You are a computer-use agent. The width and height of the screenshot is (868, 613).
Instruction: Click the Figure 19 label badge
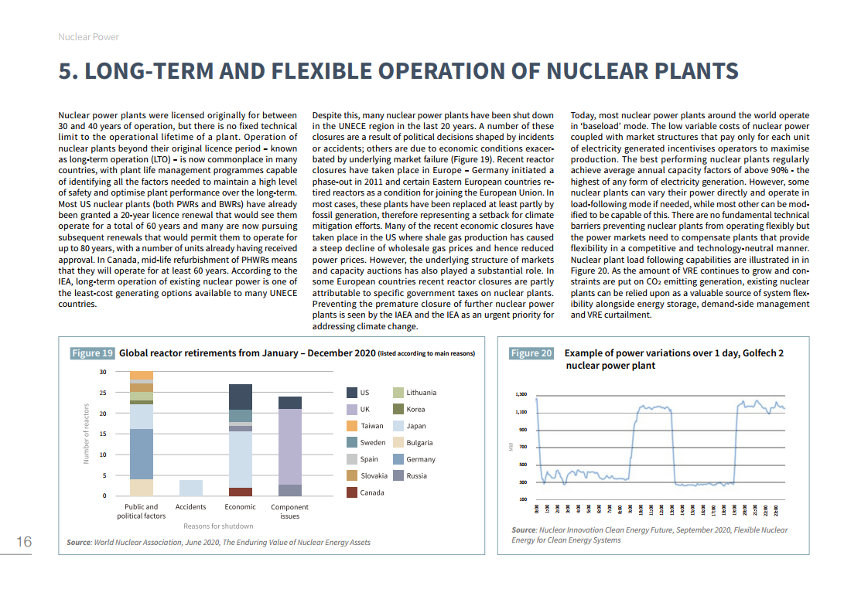92,353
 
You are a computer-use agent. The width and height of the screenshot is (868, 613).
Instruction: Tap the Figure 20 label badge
531,353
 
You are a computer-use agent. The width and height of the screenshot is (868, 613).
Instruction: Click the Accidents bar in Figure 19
191,487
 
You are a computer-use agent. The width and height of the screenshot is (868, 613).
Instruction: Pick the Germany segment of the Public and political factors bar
141,454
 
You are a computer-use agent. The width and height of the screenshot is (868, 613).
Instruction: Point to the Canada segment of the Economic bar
241,492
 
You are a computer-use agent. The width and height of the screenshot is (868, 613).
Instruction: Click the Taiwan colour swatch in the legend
352,426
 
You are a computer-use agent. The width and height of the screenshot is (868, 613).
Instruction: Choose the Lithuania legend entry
421,393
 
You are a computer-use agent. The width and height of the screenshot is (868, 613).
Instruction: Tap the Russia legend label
416,475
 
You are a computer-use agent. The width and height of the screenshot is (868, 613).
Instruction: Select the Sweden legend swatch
352,442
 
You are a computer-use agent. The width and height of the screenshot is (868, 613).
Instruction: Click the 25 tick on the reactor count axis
103,393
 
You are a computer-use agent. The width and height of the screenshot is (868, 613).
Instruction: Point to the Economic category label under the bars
241,507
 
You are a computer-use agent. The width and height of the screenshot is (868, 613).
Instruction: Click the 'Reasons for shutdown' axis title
218,526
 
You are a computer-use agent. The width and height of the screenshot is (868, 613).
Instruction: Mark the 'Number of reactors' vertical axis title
87,434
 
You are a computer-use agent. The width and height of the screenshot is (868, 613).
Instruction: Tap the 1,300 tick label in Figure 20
521,394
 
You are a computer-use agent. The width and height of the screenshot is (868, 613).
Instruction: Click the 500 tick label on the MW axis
522,465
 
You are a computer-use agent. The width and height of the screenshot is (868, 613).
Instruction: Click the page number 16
25,542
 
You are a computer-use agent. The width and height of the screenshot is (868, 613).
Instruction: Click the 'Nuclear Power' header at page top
89,36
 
